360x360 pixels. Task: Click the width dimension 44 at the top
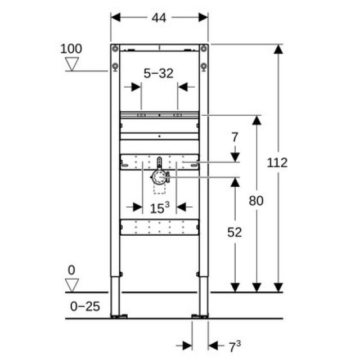point(159,17)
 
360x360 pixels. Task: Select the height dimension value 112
point(277,163)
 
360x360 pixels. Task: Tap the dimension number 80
point(256,200)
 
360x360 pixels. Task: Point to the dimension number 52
point(235,232)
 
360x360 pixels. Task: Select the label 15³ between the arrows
point(160,208)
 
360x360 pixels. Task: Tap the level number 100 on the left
point(71,48)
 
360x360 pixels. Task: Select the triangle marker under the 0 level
point(71,285)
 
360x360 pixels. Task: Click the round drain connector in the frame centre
point(160,178)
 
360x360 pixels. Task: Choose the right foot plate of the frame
point(201,316)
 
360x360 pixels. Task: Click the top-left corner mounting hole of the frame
point(115,48)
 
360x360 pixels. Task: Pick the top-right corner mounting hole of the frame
point(204,48)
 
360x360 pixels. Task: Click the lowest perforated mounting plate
point(159,227)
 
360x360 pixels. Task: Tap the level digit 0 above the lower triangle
point(71,270)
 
